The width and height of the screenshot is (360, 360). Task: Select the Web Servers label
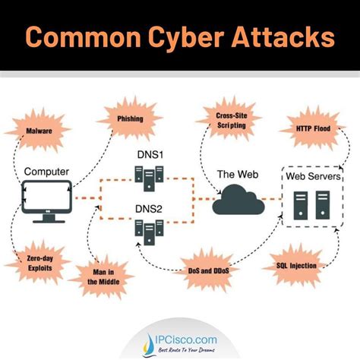pos(311,176)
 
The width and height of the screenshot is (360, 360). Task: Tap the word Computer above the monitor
pos(46,172)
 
